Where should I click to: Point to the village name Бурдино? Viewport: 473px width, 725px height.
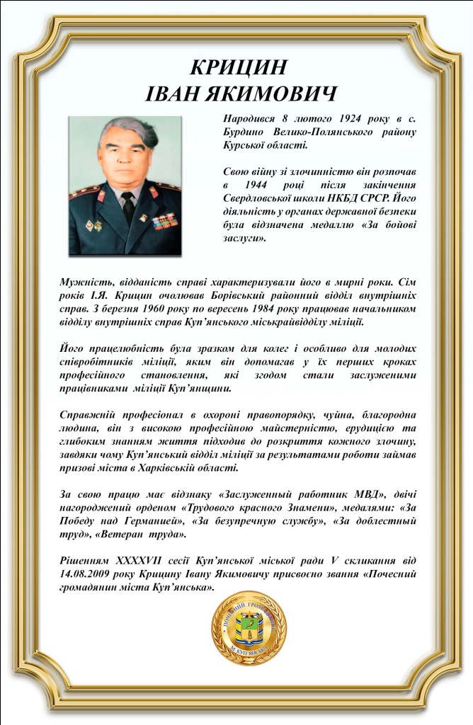click(x=244, y=132)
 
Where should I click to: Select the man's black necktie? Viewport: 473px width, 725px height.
click(x=127, y=207)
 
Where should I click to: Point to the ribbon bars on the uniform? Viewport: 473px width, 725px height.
click(x=164, y=221)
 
